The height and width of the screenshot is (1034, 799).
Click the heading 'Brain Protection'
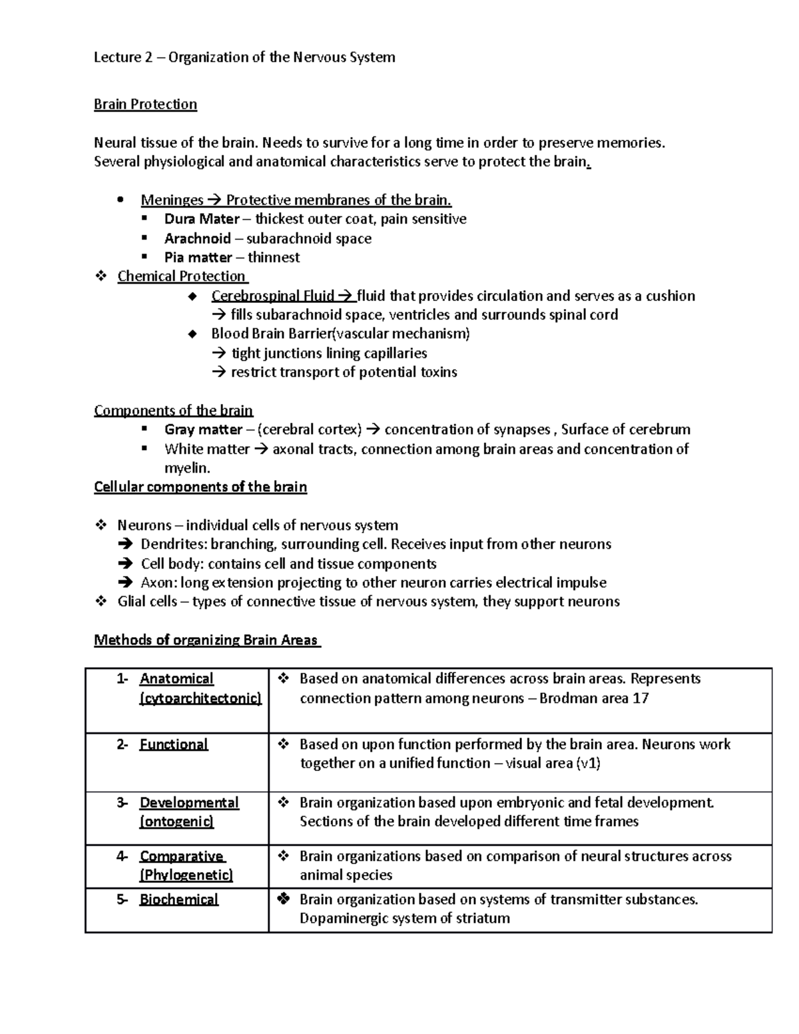click(x=145, y=105)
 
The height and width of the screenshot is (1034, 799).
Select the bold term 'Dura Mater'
click(x=202, y=219)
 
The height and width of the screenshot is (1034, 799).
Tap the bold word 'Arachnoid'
click(x=198, y=238)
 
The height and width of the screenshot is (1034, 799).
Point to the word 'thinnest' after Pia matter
click(x=274, y=258)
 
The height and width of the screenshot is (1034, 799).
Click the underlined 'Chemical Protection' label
click(x=182, y=276)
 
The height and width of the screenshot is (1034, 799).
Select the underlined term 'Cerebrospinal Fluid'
click(x=272, y=296)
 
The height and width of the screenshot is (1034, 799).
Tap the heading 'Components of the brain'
click(x=173, y=410)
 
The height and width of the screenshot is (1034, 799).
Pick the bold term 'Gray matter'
click(x=203, y=429)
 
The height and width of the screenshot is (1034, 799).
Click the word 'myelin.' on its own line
click(x=187, y=468)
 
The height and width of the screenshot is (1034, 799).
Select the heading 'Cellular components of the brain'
click(x=200, y=487)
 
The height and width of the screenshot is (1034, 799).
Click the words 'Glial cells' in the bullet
click(x=147, y=602)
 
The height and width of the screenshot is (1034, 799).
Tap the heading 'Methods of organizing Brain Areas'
click(x=206, y=641)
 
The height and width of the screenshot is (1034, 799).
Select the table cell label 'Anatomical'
click(x=176, y=678)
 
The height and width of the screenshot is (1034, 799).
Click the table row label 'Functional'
click(x=174, y=744)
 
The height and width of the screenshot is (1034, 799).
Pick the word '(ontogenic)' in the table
click(x=176, y=822)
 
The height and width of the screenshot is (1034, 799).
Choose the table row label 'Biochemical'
click(x=178, y=900)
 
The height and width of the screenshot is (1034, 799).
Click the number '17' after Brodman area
click(x=641, y=698)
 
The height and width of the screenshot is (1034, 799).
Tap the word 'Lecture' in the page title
click(x=117, y=57)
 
